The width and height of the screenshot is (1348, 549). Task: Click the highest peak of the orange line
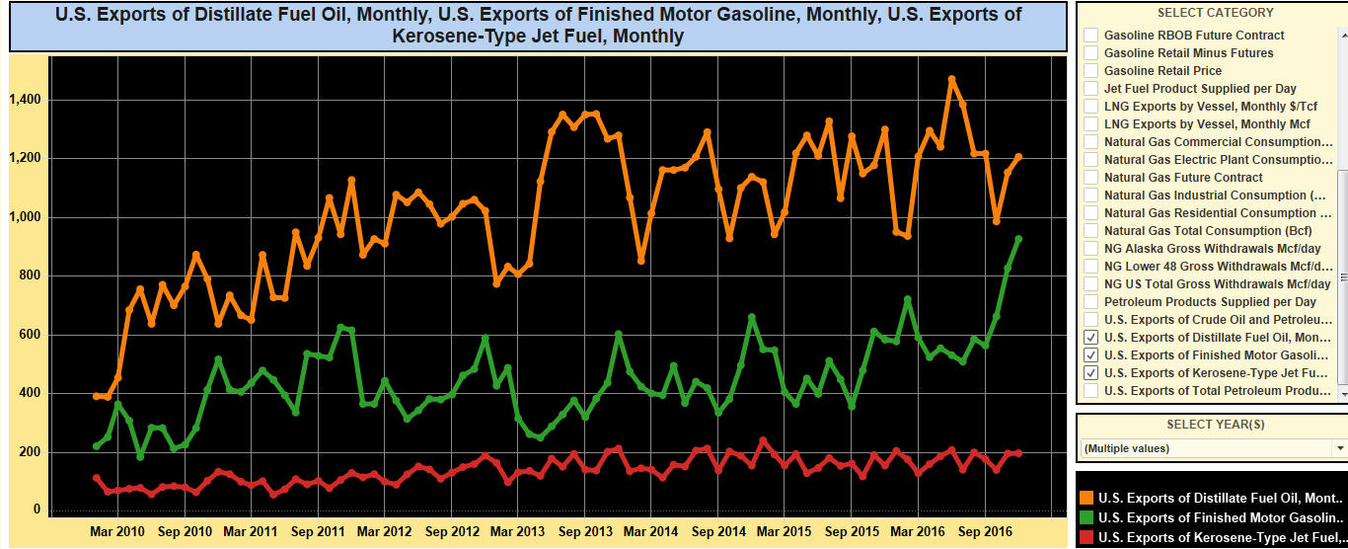click(951, 79)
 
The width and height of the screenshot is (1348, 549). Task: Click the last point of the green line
click(1018, 239)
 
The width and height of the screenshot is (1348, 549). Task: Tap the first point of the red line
click(97, 478)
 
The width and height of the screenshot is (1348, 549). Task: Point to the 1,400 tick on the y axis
click(25, 100)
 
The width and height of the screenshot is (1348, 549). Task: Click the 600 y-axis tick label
click(30, 334)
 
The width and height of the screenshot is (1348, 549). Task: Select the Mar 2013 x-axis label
click(517, 531)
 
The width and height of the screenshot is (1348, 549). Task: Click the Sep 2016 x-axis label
click(985, 531)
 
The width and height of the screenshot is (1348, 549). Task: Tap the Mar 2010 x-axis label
click(117, 531)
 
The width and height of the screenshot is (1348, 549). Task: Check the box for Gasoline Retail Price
click(1091, 70)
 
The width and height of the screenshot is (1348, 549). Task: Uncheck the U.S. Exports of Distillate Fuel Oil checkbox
click(1091, 337)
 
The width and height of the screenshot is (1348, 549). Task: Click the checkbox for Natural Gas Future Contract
click(1091, 177)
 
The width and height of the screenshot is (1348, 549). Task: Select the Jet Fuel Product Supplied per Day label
click(1200, 89)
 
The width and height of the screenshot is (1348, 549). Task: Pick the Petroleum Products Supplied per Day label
click(1210, 301)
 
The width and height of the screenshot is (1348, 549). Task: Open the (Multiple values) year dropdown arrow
click(1339, 448)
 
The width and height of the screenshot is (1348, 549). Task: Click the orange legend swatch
click(1086, 498)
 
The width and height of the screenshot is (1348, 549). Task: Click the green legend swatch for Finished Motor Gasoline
click(1086, 517)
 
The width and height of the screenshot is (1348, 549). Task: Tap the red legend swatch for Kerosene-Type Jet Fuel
click(1086, 537)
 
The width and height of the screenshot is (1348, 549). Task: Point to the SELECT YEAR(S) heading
click(1215, 425)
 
